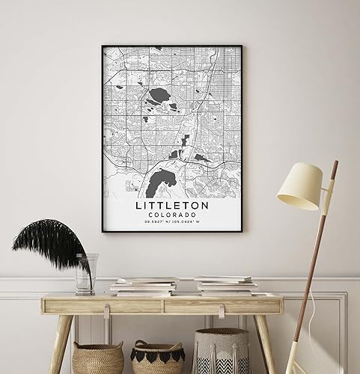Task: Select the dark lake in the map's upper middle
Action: point(160,96)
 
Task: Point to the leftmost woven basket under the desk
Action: point(98,358)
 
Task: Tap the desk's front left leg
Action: point(60,344)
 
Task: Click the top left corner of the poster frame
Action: point(103,46)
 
